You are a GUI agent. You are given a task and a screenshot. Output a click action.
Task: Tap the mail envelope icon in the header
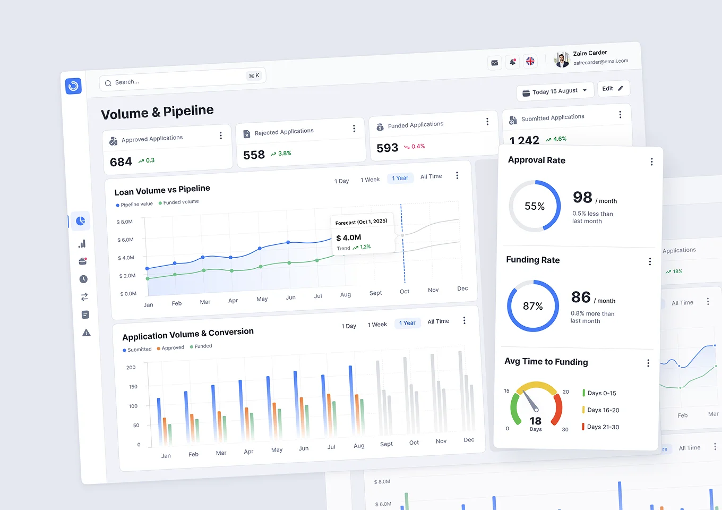click(494, 63)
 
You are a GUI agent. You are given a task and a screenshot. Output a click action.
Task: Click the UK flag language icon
click(530, 61)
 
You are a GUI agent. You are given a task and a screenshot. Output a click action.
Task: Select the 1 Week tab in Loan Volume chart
click(370, 180)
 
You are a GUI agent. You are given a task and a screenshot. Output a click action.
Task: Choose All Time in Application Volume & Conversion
click(439, 321)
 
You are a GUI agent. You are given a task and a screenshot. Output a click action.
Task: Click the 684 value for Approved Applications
click(121, 162)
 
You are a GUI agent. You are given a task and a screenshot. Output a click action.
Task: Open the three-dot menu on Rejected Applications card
click(354, 129)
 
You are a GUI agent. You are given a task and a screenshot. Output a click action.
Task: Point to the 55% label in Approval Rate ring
click(535, 206)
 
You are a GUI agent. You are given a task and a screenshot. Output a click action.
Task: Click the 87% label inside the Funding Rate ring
click(533, 306)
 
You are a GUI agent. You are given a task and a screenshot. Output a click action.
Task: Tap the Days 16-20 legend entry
click(603, 410)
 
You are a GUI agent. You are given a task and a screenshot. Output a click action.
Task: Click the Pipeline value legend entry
click(136, 205)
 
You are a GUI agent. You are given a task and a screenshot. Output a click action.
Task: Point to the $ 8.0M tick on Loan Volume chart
click(125, 222)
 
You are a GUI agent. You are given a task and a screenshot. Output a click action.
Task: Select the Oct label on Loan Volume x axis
click(405, 291)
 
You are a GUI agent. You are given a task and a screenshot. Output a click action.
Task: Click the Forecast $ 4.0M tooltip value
click(349, 237)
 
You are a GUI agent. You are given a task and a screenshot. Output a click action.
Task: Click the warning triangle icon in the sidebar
click(87, 333)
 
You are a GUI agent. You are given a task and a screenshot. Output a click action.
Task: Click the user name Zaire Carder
click(590, 53)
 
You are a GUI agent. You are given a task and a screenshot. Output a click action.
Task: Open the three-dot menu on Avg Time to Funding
click(648, 363)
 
